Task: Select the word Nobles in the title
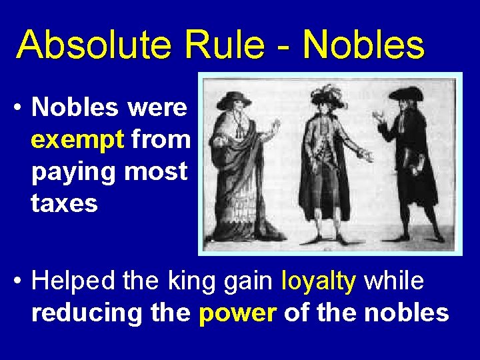[x=363, y=45]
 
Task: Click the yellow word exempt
[x=77, y=141]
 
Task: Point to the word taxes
[x=64, y=203]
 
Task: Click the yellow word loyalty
[x=319, y=281]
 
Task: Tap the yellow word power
[x=237, y=313]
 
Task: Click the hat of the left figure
[x=234, y=99]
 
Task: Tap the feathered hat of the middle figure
[x=327, y=97]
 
